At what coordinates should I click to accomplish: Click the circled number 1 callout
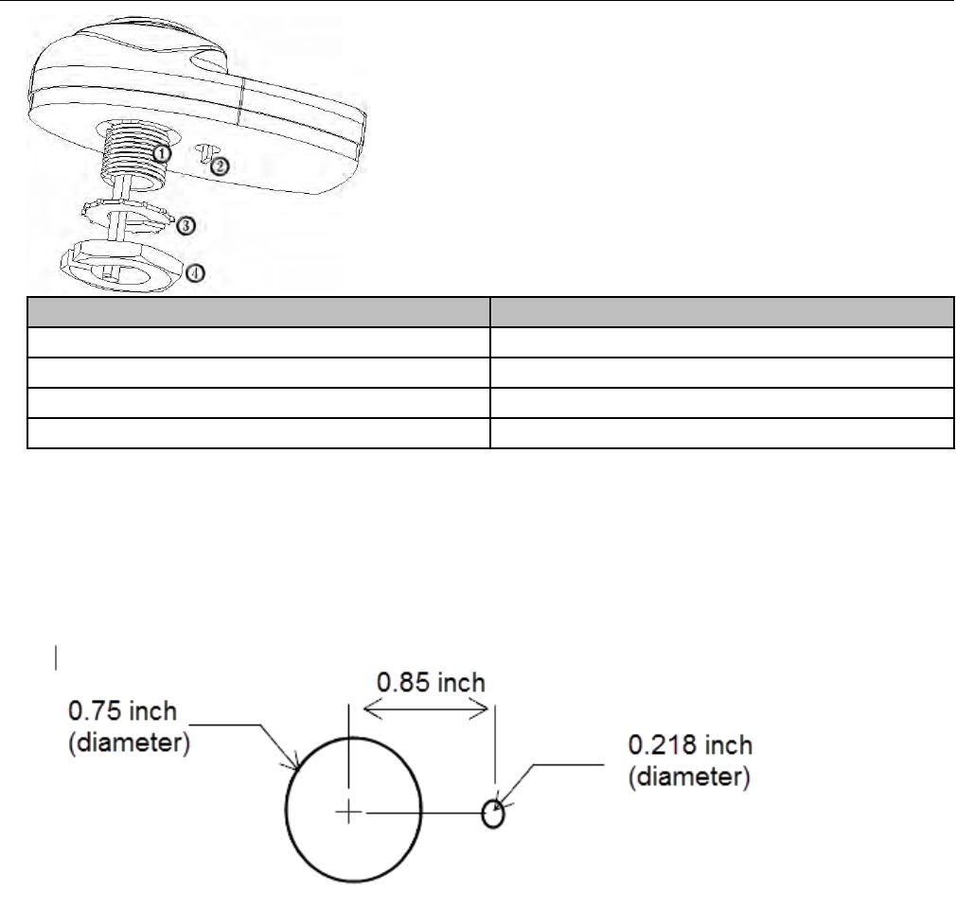coord(161,153)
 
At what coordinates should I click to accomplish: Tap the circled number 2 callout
coord(220,166)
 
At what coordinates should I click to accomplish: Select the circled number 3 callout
coord(186,226)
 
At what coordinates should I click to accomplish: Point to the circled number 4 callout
coord(195,273)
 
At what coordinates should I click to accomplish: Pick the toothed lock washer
coord(127,217)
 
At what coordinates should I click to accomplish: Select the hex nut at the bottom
coord(122,266)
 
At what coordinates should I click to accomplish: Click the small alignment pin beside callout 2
coord(204,152)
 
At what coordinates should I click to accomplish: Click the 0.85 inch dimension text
coord(431,683)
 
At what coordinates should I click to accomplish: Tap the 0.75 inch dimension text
coord(122,711)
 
